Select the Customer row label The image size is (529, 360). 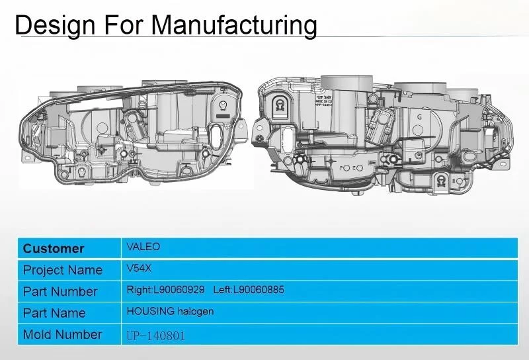54,249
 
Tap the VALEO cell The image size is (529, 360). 143,247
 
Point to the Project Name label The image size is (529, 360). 63,270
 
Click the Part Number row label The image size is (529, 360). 60,291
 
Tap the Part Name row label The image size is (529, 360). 54,312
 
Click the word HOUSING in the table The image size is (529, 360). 150,311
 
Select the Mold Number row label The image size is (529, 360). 63,334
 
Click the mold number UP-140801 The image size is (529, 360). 156,335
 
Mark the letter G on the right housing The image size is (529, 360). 419,117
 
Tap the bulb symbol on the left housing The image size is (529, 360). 224,104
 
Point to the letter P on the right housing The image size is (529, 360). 344,168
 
